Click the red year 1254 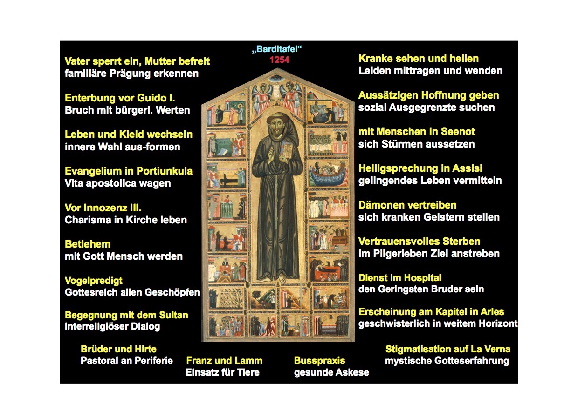coord(280,60)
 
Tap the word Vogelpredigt coord(93,281)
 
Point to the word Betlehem coord(88,244)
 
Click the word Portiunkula coord(165,171)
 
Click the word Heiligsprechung coord(397,168)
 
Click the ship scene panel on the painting coord(328,174)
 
